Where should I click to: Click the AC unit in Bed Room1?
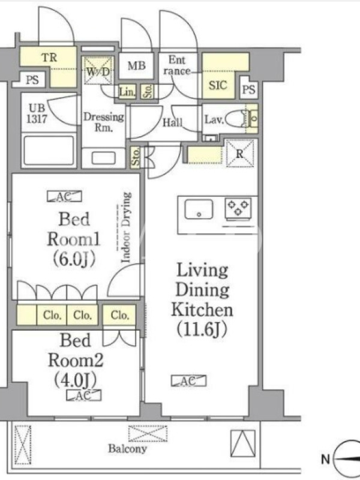[x=64, y=196]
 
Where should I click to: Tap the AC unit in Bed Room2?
[x=83, y=395]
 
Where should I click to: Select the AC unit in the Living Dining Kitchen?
[x=188, y=381]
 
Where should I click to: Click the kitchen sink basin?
[x=199, y=209]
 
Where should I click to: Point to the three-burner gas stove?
[x=238, y=209]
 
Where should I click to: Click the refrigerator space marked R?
[x=240, y=153]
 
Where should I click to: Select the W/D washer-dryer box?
[x=98, y=71]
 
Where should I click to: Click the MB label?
[x=137, y=65]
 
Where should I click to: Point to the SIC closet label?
[x=218, y=85]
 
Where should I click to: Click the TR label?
[x=49, y=57]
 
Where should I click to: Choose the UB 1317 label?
[x=37, y=113]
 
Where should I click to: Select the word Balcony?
[x=127, y=449]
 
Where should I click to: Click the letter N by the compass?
[x=325, y=459]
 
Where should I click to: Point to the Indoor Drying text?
[x=126, y=227]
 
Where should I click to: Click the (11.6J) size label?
[x=202, y=329]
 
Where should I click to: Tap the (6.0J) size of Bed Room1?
[x=74, y=259]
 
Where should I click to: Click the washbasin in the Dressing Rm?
[x=103, y=158]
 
